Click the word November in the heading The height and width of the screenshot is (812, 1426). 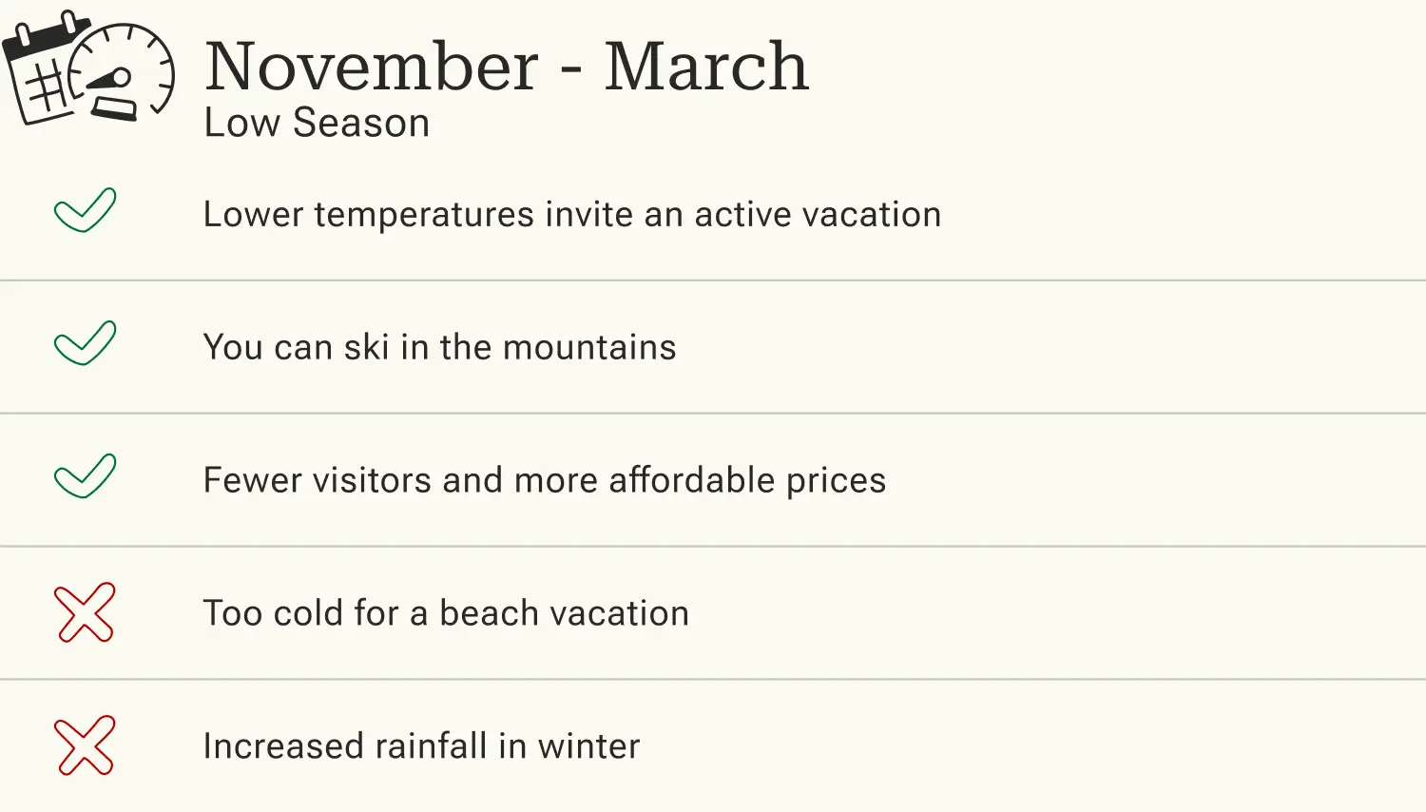tap(372, 68)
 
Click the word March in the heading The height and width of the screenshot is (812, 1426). tap(705, 68)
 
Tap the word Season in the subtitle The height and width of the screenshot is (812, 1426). tap(361, 124)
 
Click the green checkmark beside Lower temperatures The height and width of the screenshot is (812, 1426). tap(85, 210)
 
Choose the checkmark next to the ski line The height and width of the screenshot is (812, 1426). tap(85, 343)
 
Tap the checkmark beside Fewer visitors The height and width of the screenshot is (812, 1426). tap(85, 476)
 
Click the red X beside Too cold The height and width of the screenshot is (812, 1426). tap(85, 612)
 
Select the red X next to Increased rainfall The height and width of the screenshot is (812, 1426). tap(85, 745)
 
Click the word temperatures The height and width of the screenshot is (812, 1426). tap(424, 216)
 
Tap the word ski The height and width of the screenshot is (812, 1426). tap(367, 348)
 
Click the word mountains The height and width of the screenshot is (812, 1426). tap(589, 348)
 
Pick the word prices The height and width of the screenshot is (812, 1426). tap(836, 482)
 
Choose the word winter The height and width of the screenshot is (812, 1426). tap(588, 746)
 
